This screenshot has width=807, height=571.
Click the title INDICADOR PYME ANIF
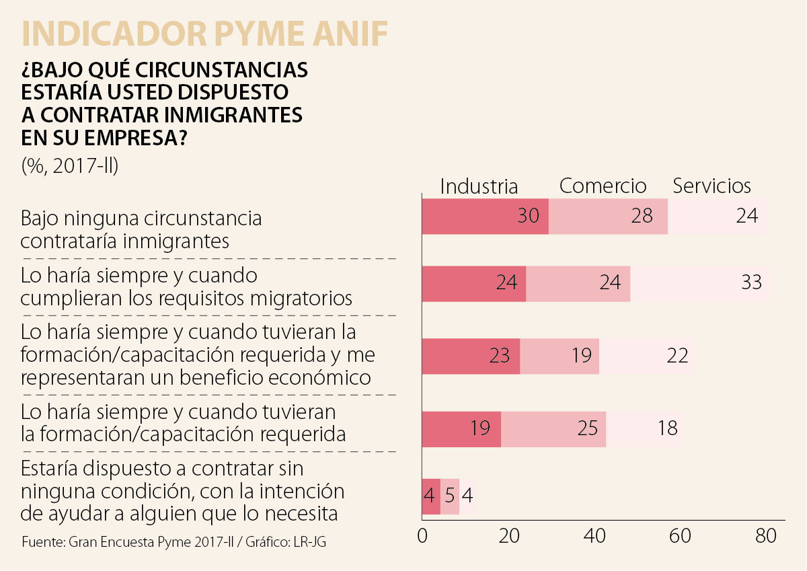[204, 34]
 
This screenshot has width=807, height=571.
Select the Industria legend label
[479, 186]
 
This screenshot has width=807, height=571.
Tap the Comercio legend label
[603, 186]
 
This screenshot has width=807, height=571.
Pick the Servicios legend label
[712, 186]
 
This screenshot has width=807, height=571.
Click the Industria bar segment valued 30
[485, 217]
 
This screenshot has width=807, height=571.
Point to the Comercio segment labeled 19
[560, 356]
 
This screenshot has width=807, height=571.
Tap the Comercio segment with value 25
[553, 428]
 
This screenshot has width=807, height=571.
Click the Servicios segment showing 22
[646, 356]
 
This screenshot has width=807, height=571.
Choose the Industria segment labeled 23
[471, 356]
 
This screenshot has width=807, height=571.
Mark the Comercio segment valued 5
[450, 497]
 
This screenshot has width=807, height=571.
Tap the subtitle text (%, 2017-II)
[69, 165]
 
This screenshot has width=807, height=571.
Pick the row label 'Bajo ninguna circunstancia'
[141, 229]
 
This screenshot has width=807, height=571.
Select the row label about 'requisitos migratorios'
[186, 287]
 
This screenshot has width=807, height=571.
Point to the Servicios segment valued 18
[644, 428]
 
